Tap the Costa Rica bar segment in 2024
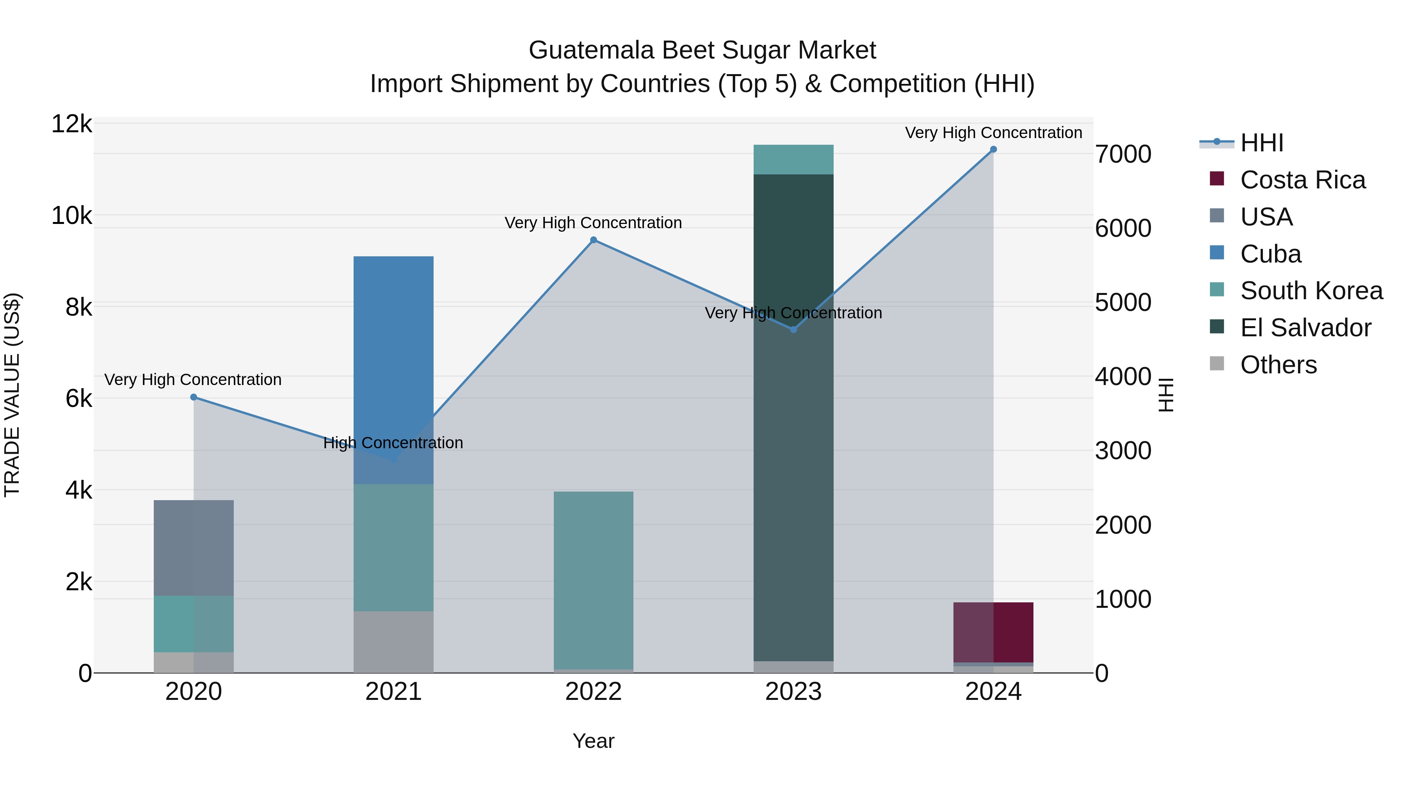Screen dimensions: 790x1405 click(993, 632)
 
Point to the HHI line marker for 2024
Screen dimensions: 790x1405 click(993, 149)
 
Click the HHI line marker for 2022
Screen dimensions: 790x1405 click(593, 240)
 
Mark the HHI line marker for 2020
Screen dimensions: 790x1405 click(194, 398)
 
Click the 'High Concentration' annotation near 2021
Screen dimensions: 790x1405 click(393, 443)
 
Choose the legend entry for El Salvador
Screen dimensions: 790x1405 click(1305, 328)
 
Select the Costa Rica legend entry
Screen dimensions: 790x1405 click(1302, 180)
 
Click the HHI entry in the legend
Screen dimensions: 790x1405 click(1261, 143)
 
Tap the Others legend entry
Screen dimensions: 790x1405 click(1278, 365)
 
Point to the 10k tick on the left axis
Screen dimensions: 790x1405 click(72, 216)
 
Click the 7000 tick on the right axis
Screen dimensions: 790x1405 click(1123, 154)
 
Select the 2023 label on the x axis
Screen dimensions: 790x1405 click(793, 692)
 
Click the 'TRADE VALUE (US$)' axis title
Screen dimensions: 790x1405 click(12, 395)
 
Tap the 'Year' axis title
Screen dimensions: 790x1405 click(593, 741)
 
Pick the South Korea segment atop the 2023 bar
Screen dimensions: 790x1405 click(793, 159)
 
